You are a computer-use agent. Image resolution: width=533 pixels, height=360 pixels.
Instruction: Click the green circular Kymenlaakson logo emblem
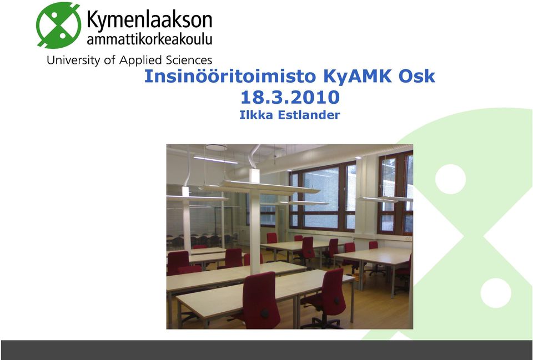tap(58, 25)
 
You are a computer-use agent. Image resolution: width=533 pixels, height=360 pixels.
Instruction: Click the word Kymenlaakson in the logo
tap(149, 20)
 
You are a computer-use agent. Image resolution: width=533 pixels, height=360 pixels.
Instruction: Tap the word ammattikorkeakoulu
tap(149, 39)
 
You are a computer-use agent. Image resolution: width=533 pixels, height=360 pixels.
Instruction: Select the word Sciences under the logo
tap(189, 60)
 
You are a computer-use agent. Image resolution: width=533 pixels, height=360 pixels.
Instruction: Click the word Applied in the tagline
tap(140, 60)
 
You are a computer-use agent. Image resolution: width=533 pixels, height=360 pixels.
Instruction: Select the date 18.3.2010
tap(290, 98)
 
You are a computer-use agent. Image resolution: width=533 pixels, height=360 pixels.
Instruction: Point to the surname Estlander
tap(309, 115)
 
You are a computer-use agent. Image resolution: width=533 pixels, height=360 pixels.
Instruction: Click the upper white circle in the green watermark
tap(450, 179)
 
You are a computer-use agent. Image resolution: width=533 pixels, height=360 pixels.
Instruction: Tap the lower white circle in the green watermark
tap(496, 293)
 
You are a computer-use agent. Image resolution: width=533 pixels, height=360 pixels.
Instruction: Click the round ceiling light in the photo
tap(216, 148)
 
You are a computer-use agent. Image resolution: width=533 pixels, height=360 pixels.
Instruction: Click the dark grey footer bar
tap(267, 350)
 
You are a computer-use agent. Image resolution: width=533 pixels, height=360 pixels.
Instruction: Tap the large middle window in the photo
tap(322, 197)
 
